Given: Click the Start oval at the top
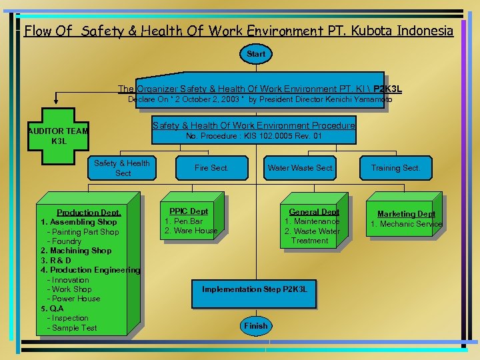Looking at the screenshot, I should tap(255, 54).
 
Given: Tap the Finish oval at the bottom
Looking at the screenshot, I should tap(255, 326).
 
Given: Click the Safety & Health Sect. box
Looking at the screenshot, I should tap(123, 168).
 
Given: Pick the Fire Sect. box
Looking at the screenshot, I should tap(211, 168).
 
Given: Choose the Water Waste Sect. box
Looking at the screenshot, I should tap(300, 168).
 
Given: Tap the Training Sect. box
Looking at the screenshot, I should tap(395, 168).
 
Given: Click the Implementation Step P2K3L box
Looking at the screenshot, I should tap(254, 289).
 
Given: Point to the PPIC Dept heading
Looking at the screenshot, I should tap(189, 211).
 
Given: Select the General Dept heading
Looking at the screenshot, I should tap(314, 212).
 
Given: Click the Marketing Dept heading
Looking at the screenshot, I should tap(406, 214).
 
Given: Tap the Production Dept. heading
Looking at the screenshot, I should tap(89, 213).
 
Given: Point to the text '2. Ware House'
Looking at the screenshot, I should tap(191, 231).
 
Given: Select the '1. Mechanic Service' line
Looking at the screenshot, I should tap(406, 224).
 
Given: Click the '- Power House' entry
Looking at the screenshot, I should tap(73, 299).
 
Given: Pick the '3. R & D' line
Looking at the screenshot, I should tap(56, 260).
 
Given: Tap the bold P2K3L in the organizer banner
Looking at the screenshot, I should tap(387, 89).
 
